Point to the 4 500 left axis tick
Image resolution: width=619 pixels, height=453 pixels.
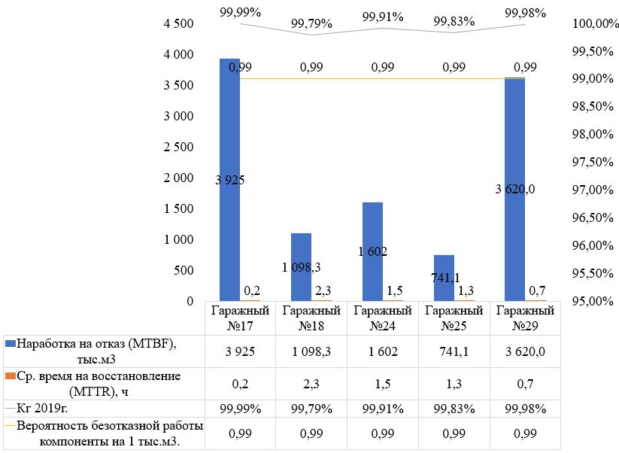179,24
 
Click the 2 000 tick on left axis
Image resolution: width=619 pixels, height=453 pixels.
179,178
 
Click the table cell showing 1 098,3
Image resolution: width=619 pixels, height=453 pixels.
311,351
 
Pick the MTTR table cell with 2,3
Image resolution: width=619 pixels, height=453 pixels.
311,384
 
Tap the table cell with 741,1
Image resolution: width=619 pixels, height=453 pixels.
454,351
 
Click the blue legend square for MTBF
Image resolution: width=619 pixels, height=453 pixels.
10,344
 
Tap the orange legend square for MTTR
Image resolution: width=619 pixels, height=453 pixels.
10,375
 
